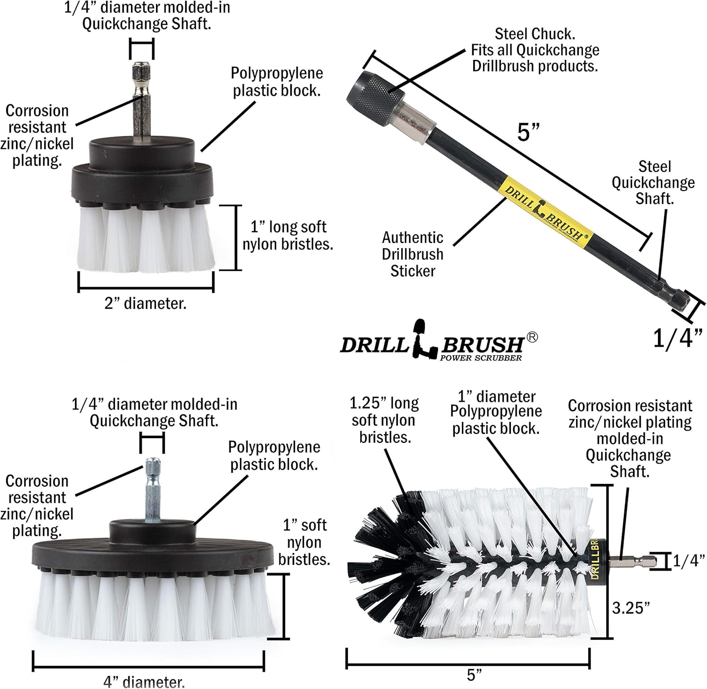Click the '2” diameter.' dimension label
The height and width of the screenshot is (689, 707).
coord(145,303)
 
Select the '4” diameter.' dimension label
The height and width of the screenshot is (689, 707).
coord(144,682)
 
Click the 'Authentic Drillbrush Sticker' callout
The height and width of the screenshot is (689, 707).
coord(412,254)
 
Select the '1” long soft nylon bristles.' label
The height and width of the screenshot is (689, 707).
coord(288,235)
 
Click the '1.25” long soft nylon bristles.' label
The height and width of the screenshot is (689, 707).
coord(384,420)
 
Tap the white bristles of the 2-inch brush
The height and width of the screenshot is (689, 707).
coord(144,241)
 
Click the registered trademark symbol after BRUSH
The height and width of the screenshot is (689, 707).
coord(532,337)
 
